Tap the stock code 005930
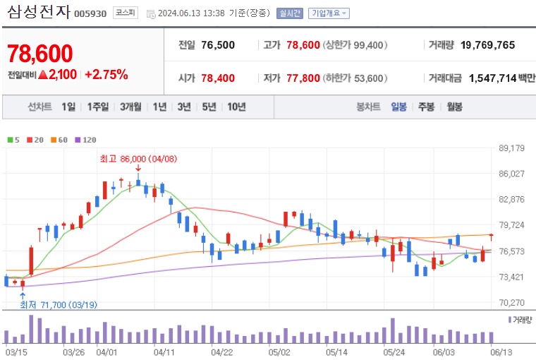[x=90, y=13]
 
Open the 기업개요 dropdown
[x=328, y=13]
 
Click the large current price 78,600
[x=40, y=54]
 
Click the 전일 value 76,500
[x=218, y=45]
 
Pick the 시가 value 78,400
[x=218, y=78]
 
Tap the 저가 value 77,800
[x=303, y=78]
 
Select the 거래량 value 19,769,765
[x=487, y=45]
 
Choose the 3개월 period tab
[x=131, y=107]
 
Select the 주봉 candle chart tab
[x=426, y=107]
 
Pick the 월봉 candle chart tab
[x=454, y=107]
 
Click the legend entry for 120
[x=85, y=140]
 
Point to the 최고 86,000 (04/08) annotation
[x=138, y=159]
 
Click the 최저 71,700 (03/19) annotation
[x=58, y=304]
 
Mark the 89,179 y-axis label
[x=511, y=148]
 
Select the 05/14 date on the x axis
[x=337, y=351]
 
